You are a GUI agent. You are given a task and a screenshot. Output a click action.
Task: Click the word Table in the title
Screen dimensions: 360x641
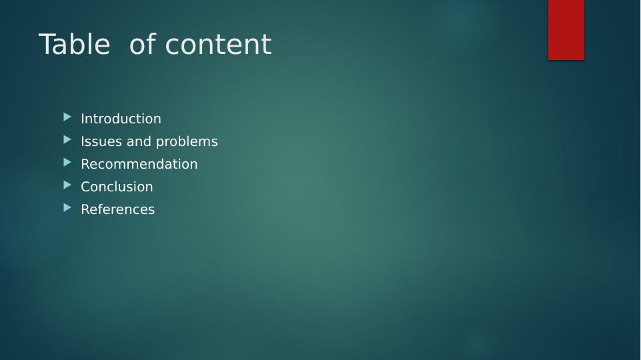(74, 45)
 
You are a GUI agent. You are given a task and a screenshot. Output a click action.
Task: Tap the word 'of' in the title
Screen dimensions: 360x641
(142, 45)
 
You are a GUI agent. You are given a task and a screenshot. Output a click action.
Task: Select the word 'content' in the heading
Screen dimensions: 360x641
(218, 45)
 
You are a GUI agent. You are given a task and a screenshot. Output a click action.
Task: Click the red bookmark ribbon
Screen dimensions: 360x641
(566, 29)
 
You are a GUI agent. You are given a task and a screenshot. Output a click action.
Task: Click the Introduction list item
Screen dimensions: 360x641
(121, 119)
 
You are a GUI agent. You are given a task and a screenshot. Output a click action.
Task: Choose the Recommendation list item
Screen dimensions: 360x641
(139, 164)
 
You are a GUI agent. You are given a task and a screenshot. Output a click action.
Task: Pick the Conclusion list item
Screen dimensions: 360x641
(117, 187)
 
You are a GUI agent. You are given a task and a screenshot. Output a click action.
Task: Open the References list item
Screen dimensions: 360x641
(117, 209)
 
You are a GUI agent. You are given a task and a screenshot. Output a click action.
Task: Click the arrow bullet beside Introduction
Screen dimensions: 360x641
(67, 117)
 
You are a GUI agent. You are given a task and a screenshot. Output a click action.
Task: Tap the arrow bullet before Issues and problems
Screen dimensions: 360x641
(67, 140)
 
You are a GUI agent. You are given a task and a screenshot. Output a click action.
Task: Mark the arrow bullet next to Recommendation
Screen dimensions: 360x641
(67, 163)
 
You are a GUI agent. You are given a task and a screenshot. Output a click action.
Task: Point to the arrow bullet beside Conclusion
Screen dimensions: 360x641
(67, 185)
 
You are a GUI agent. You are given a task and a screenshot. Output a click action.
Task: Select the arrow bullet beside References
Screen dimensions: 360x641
(67, 208)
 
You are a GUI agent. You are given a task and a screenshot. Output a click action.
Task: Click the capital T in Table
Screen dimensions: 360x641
(48, 45)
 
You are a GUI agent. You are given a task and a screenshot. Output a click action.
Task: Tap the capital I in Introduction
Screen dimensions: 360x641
(83, 119)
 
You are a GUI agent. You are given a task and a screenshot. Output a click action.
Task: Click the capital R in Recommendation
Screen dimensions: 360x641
(85, 164)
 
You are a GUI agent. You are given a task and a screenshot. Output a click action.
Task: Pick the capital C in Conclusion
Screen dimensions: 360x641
(85, 187)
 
